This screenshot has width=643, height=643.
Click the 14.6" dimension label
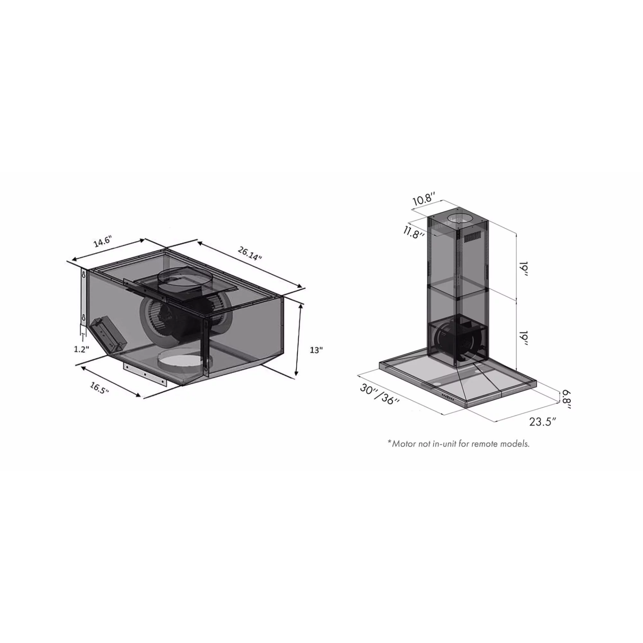[x=102, y=242]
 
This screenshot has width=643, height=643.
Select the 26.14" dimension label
[x=250, y=253]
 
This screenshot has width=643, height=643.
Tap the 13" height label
[x=316, y=350]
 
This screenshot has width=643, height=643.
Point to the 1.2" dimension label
[x=82, y=349]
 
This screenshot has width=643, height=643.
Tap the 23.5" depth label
[x=543, y=422]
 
